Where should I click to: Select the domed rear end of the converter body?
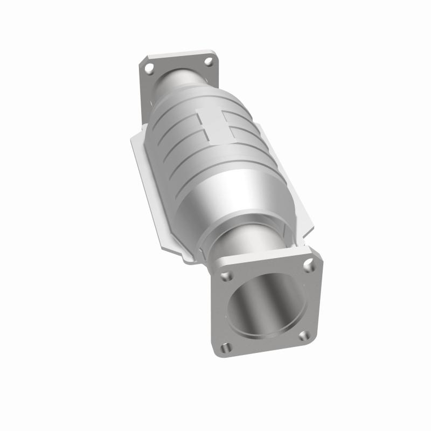tap(183, 102)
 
